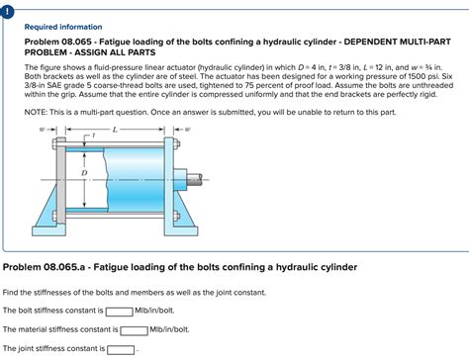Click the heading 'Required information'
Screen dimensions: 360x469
(62, 27)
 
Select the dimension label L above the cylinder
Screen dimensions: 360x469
(116, 129)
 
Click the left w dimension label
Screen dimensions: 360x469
(43, 129)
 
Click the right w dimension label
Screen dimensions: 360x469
(188, 129)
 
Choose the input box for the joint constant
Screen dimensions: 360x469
(121, 349)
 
